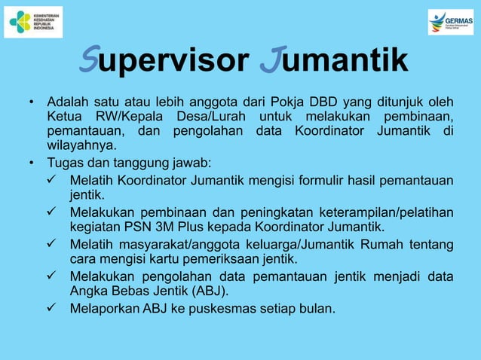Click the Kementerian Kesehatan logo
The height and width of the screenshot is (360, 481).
point(33,23)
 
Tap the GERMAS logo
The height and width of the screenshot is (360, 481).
point(450,22)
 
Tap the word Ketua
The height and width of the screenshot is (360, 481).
point(65,117)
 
